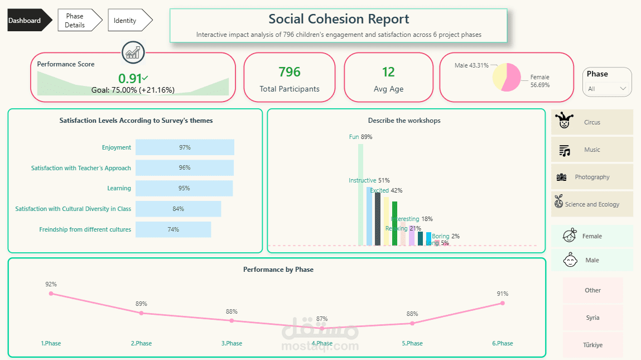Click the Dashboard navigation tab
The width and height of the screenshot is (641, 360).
[26, 21]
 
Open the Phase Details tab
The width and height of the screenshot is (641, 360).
[76, 21]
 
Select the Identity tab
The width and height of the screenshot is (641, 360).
[126, 21]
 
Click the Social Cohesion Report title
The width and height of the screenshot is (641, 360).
[339, 20]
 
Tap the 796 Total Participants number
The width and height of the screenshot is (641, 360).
[290, 72]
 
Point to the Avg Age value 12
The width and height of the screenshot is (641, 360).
[388, 72]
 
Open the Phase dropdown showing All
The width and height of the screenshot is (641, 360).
[607, 89]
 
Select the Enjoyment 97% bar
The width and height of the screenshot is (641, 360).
[185, 147]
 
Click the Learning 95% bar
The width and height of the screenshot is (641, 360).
[184, 188]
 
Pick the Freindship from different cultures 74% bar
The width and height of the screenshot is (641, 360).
[173, 229]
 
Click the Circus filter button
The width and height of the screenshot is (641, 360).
[592, 122]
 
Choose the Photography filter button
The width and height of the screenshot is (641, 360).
[592, 177]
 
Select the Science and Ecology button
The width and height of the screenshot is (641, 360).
[592, 204]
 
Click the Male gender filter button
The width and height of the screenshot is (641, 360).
[592, 260]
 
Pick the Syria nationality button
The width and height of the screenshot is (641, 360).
[592, 318]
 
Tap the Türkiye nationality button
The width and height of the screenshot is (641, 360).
[592, 345]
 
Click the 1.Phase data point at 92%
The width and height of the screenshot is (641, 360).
[51, 293]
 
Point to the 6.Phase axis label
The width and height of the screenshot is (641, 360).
[502, 343]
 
